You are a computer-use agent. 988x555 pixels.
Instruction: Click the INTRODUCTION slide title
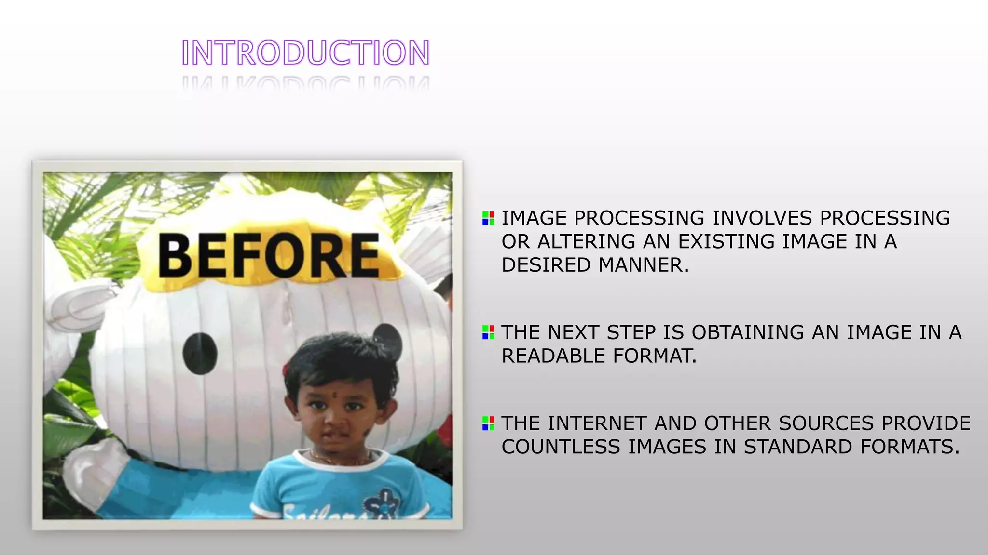coord(305,53)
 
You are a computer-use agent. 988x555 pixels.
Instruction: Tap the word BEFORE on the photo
coord(269,255)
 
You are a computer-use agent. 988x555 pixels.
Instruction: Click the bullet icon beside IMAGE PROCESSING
coord(488,218)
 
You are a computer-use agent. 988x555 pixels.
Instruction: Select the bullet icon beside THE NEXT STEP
coord(488,332)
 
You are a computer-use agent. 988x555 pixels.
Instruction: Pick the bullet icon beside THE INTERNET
coord(488,423)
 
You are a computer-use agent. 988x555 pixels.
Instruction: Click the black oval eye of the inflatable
coord(200,353)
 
